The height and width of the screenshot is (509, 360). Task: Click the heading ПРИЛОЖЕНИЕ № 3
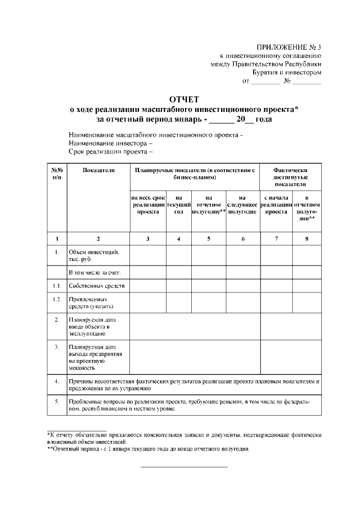pyautogui.click(x=288, y=46)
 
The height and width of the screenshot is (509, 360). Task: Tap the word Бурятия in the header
pyautogui.click(x=267, y=72)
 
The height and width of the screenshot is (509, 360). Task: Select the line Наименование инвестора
pyautogui.click(x=110, y=143)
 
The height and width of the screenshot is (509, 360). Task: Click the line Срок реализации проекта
pyautogui.click(x=111, y=152)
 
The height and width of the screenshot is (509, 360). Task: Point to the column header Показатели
pyautogui.click(x=98, y=169)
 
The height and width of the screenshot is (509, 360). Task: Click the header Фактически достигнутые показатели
pyautogui.click(x=290, y=177)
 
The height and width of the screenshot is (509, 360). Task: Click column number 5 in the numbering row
pyautogui.click(x=209, y=239)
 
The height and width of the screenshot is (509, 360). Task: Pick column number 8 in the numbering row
pyautogui.click(x=307, y=239)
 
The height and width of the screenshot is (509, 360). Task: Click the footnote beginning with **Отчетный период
pyautogui.click(x=148, y=449)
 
